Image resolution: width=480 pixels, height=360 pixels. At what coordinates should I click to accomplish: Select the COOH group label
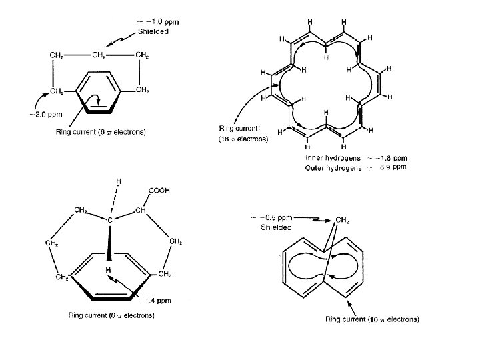(160, 191)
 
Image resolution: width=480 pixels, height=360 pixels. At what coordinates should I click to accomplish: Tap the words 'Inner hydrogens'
(328, 158)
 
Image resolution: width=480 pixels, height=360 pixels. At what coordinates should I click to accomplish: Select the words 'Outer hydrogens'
(329, 168)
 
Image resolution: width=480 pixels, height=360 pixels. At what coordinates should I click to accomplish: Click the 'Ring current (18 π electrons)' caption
(244, 134)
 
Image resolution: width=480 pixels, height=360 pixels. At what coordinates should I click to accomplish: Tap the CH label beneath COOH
(140, 211)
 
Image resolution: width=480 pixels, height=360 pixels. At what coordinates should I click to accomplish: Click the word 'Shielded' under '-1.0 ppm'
(153, 31)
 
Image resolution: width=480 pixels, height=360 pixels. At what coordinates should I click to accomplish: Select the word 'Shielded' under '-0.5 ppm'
(276, 227)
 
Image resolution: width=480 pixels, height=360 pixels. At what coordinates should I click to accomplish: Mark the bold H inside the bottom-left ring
(106, 269)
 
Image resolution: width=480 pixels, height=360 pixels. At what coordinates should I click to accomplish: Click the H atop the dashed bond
(118, 181)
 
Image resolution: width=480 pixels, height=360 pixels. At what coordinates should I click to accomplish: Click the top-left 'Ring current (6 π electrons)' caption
(101, 131)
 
